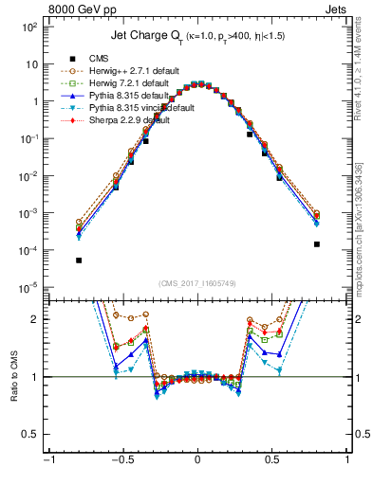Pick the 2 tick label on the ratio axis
34,319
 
